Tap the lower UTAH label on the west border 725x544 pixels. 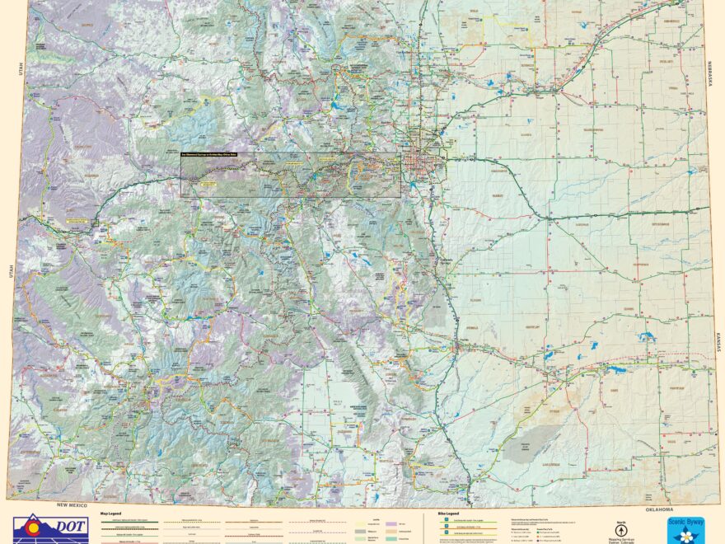tap(12, 271)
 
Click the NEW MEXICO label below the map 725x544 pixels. tap(72, 504)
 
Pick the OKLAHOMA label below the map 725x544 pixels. tap(660, 509)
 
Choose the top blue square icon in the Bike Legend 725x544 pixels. tap(442, 520)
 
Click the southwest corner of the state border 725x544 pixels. tap(10, 498)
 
